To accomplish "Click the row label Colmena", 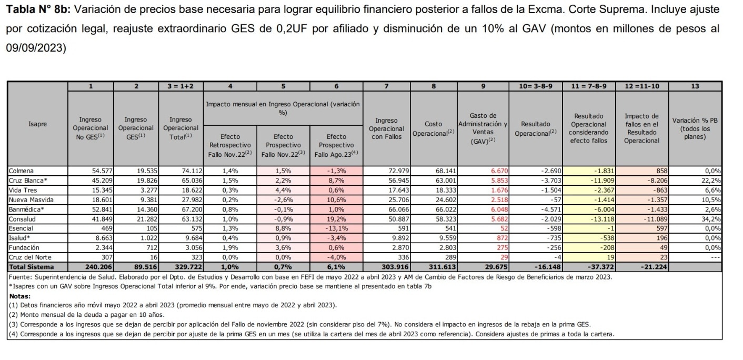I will [x=21, y=171].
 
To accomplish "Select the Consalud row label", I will [x=22, y=219].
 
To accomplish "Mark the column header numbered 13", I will [x=698, y=87].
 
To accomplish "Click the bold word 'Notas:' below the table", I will [x=20, y=296].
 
